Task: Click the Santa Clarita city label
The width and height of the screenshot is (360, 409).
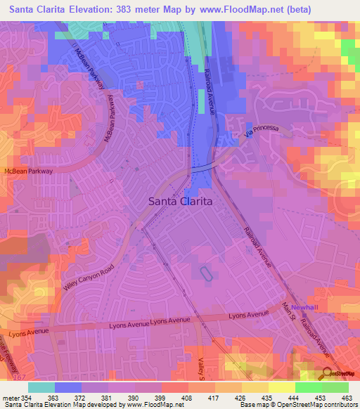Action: coord(181,201)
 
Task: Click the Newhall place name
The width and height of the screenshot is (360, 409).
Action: coord(305,308)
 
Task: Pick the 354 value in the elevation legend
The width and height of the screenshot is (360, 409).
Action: coord(25,398)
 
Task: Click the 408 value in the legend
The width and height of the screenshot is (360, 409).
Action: coord(186,398)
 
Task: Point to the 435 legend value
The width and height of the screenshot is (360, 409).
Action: coord(266,398)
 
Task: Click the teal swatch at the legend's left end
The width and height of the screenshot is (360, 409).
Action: coord(41,387)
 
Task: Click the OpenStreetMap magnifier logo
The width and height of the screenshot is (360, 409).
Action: coord(327,372)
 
